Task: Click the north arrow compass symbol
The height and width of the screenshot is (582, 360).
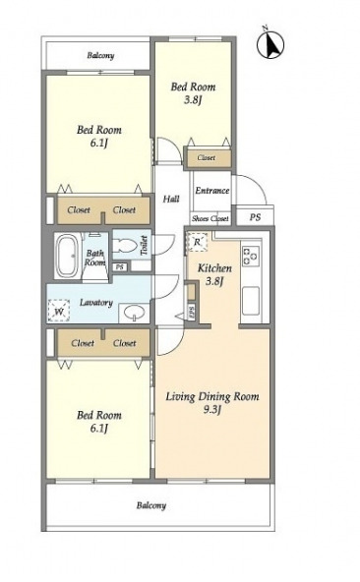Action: [270, 44]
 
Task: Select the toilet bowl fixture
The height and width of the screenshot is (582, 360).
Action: [125, 246]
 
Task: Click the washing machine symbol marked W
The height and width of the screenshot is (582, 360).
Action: [59, 310]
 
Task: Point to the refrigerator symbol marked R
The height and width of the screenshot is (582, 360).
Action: [198, 242]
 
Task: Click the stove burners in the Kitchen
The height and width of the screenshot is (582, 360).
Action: [251, 255]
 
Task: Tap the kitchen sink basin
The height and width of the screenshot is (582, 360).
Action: [251, 300]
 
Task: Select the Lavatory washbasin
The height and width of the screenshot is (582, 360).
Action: [134, 313]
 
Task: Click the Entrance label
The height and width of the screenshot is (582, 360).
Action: [211, 191]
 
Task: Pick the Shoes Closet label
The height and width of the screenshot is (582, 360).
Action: [210, 218]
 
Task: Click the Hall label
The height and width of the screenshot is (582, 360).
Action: [171, 199]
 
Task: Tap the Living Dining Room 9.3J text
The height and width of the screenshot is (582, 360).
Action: [212, 403]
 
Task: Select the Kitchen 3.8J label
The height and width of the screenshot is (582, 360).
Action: [214, 274]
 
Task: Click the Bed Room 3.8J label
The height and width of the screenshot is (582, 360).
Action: [193, 93]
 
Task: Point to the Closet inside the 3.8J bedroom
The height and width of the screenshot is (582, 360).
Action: [208, 158]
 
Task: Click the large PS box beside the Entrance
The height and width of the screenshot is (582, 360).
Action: [255, 217]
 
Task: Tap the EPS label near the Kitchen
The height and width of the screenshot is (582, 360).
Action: [191, 311]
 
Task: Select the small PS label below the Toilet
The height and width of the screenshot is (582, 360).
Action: [119, 266]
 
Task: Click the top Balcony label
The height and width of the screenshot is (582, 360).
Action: [100, 56]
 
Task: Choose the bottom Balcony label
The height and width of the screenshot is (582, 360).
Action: [150, 505]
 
